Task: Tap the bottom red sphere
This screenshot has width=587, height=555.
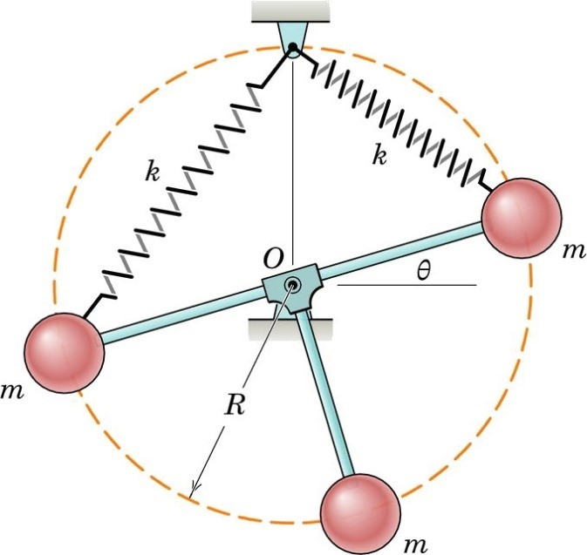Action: click(360, 511)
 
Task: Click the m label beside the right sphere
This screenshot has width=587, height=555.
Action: click(571, 251)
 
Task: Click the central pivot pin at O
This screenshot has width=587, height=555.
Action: click(293, 284)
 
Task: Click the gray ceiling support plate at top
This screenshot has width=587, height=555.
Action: click(293, 10)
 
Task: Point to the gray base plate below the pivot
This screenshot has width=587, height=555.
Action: click(290, 328)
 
